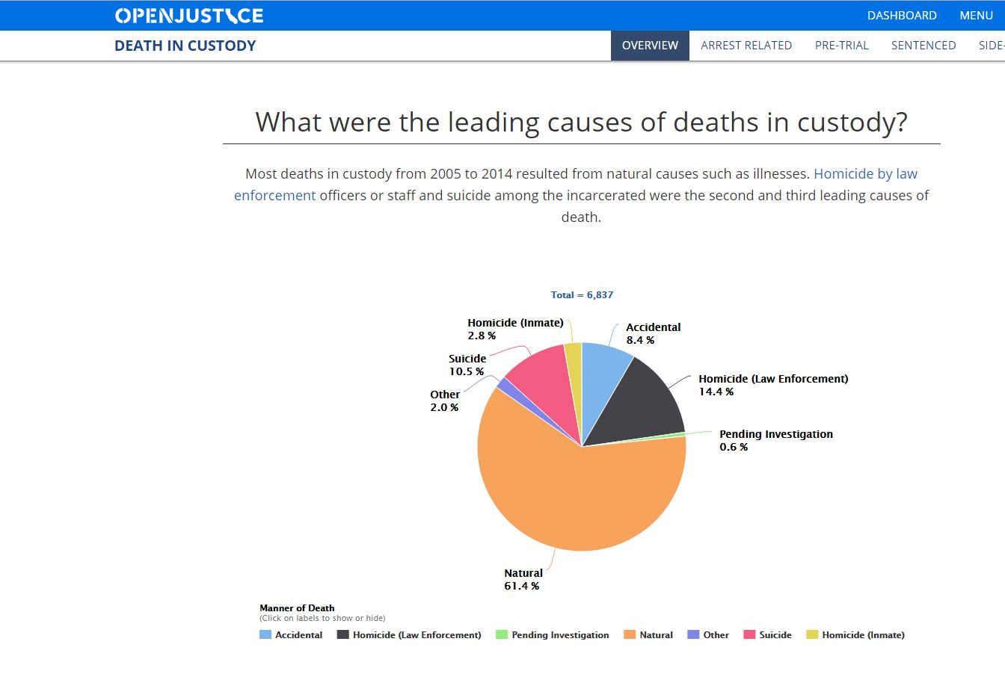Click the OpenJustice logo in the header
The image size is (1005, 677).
pos(189,16)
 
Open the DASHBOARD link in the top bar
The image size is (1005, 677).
pos(902,16)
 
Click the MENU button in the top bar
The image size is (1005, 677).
pos(976,16)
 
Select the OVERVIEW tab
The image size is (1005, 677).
pos(650,46)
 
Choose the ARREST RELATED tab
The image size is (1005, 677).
pos(746,46)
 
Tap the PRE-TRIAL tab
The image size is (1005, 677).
pos(842,46)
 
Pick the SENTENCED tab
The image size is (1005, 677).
pos(923,46)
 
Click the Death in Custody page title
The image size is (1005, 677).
pos(185,46)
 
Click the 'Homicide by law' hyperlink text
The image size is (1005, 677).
pos(865,174)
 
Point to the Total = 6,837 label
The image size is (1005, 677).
pos(582,295)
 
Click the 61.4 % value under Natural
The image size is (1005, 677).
pos(521,586)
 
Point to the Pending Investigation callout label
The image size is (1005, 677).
pos(775,434)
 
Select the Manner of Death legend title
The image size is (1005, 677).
pos(297,608)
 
